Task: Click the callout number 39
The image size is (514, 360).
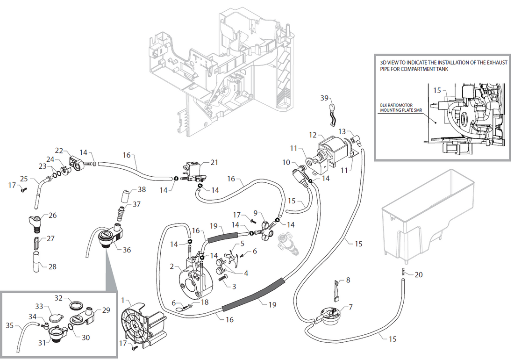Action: tap(324, 98)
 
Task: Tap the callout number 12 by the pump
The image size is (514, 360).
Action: tap(313, 135)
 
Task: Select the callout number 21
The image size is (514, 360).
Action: tap(214, 162)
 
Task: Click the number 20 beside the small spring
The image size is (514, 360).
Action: tap(419, 274)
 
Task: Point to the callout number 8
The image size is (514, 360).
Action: tap(348, 281)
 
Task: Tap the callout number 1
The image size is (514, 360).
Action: tap(123, 300)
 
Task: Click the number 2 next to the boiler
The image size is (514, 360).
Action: tap(172, 266)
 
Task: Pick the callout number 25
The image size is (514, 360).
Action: tap(23, 179)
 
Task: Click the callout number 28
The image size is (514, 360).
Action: tap(52, 266)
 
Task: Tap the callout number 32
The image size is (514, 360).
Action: tap(59, 298)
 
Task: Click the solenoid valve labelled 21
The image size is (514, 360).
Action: tap(193, 170)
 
